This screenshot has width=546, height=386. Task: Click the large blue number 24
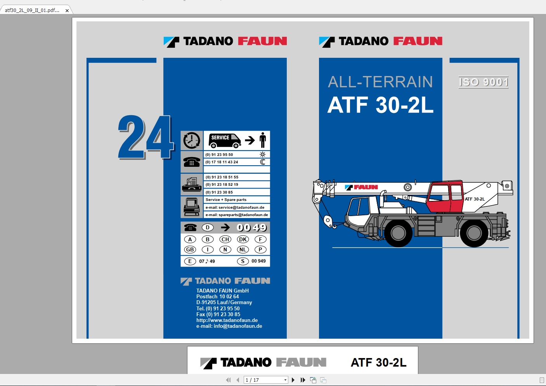[146, 137]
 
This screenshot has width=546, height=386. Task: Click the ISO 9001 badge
[484, 82]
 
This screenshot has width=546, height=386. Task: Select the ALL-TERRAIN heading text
[380, 82]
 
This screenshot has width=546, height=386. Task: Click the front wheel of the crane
[398, 233]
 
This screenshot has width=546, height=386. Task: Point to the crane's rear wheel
[474, 233]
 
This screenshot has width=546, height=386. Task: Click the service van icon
[225, 140]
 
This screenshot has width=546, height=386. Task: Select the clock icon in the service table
[192, 140]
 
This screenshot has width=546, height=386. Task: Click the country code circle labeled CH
[225, 239]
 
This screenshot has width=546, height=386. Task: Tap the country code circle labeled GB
[190, 249]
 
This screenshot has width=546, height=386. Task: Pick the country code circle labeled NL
[243, 249]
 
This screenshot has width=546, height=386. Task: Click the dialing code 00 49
[252, 228]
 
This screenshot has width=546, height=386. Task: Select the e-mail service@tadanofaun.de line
[235, 208]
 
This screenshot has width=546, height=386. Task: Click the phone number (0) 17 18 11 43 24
[222, 162]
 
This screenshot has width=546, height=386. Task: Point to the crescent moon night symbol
[263, 162]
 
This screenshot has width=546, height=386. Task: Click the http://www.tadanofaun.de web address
[227, 320]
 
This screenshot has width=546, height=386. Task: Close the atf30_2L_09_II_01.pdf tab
[67, 10]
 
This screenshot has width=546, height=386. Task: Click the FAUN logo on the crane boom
[362, 187]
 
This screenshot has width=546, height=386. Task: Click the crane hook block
[328, 221]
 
